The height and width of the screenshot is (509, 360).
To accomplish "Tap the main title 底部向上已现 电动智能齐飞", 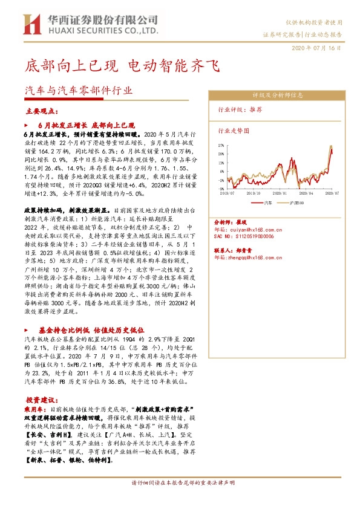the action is click(120, 65).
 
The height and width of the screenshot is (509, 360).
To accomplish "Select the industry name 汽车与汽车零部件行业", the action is click(77, 91).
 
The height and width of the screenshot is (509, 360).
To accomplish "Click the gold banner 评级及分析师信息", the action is click(277, 96).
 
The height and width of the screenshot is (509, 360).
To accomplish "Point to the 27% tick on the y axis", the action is click(221, 146).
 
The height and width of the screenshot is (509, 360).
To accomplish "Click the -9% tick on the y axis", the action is click(221, 189).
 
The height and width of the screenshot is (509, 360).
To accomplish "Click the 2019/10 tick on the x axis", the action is click(252, 193).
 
